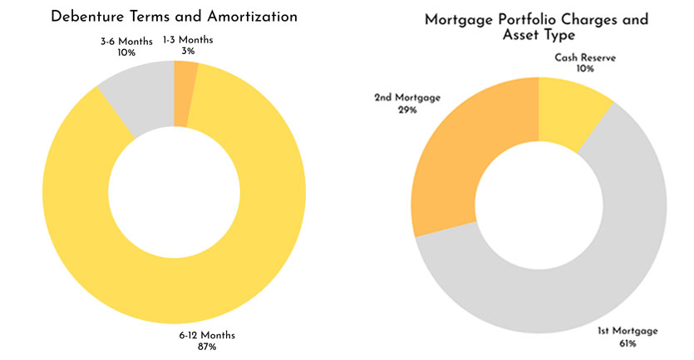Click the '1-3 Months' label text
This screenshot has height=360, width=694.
tap(199, 40)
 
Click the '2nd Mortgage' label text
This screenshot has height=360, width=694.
tap(406, 97)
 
